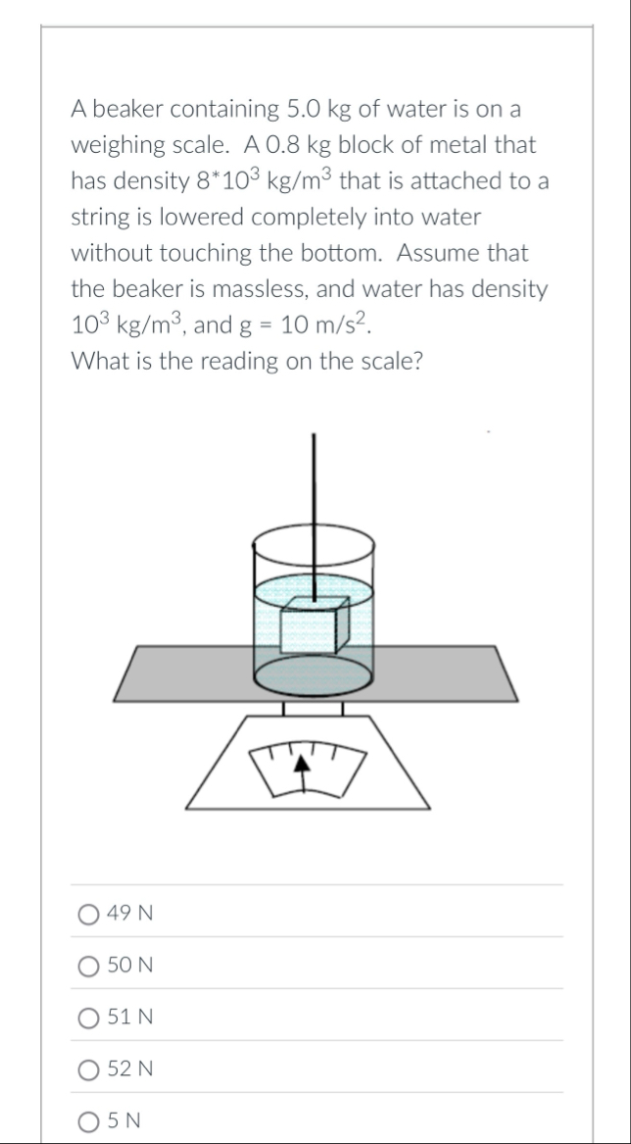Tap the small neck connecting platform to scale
pos(313,709)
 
